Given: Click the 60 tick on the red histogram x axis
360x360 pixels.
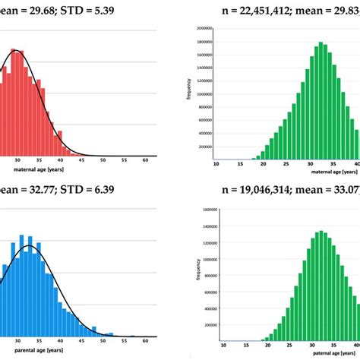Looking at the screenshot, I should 145,159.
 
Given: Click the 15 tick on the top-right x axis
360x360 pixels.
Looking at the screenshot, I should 239,165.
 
